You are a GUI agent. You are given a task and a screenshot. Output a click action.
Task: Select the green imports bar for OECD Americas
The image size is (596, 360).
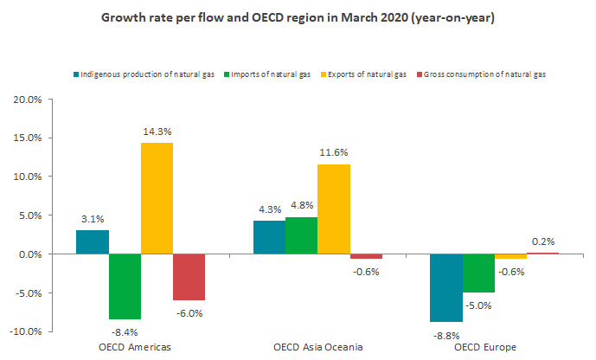(x=125, y=286)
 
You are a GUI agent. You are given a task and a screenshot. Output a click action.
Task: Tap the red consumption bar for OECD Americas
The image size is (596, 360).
(x=189, y=277)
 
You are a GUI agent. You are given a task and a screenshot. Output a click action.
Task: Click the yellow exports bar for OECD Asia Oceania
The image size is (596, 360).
(x=333, y=209)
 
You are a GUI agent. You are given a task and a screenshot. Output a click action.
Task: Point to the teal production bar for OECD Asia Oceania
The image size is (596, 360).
(x=269, y=237)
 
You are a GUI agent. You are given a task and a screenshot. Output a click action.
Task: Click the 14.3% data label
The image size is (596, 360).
(x=157, y=132)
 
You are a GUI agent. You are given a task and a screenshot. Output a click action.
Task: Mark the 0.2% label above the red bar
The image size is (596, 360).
(x=543, y=241)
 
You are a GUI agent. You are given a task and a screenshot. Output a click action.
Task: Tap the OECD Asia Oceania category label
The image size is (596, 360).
(x=317, y=347)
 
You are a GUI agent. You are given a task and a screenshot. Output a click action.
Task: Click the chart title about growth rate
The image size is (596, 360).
(x=298, y=17)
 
